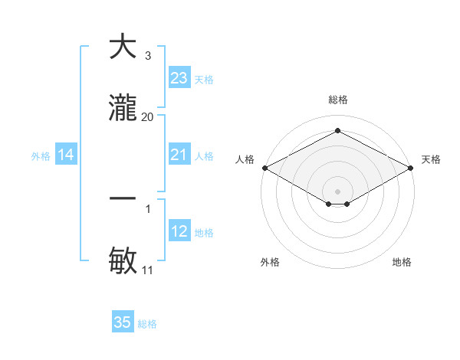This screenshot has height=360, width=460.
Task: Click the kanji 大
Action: [123, 47]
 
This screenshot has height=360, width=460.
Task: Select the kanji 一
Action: [123, 198]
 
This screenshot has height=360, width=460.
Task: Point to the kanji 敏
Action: [123, 261]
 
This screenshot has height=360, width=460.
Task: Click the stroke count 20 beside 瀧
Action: [148, 117]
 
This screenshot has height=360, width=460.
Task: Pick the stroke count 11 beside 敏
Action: [148, 270]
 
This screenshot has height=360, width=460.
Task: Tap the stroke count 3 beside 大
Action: [148, 56]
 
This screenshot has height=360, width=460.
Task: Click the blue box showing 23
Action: [179, 78]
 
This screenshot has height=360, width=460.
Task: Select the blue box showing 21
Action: [179, 155]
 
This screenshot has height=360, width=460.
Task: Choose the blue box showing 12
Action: [179, 231]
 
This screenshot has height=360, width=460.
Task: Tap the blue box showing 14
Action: [66, 155]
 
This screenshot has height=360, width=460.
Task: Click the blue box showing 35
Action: [123, 322]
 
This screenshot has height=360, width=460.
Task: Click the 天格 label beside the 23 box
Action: [204, 79]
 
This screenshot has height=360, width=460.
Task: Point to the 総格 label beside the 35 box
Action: [147, 323]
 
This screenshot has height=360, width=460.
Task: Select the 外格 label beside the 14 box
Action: [41, 155]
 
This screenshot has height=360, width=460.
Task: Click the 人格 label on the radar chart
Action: [245, 159]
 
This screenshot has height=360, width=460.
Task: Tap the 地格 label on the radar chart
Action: [402, 262]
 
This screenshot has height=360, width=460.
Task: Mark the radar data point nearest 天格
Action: [412, 168]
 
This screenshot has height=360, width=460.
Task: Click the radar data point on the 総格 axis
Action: [337, 131]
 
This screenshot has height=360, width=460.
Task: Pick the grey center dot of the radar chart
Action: [337, 191]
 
